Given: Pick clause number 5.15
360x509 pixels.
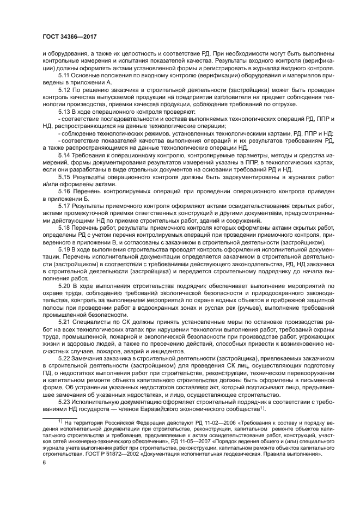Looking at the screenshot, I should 65,177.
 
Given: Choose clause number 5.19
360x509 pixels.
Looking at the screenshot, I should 65,249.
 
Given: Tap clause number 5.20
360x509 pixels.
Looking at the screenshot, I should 65,285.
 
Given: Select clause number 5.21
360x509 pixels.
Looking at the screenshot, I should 65,321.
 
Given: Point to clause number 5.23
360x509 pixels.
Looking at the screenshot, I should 65,400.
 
